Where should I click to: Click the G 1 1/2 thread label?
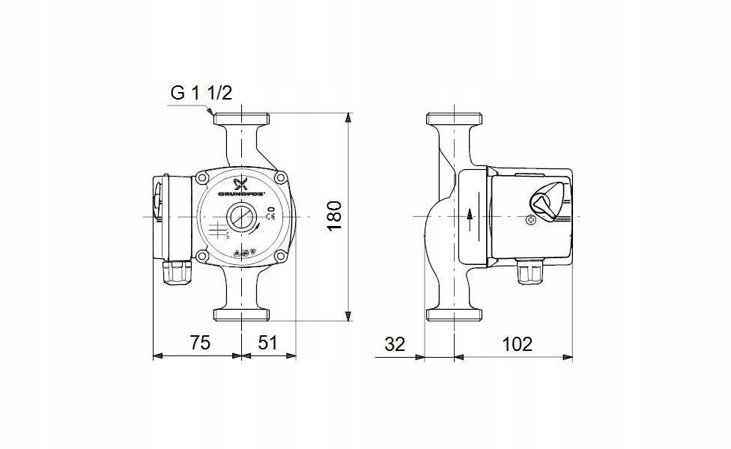click(201, 94)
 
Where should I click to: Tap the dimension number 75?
click(198, 343)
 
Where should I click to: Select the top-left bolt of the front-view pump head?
click(202, 178)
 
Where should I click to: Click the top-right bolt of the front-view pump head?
click(280, 178)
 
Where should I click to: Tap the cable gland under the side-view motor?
click(530, 273)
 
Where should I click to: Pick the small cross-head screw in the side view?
click(531, 221)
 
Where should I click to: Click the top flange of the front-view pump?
click(241, 118)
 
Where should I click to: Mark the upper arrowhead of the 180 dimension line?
click(348, 118)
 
